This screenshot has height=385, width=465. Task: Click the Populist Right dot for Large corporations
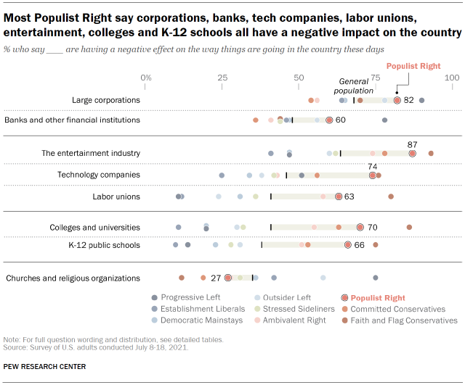(397, 100)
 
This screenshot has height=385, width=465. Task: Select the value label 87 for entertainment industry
(413, 145)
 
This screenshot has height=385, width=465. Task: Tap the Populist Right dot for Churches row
(228, 278)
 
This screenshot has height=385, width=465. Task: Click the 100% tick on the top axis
(452, 78)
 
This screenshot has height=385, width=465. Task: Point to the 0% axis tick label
(146, 78)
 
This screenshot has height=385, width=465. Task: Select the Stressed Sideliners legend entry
(288, 309)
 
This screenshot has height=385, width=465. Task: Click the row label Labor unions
(116, 196)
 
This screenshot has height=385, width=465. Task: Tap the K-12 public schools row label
(104, 245)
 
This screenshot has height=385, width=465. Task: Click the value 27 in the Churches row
(215, 278)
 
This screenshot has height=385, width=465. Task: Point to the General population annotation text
(353, 86)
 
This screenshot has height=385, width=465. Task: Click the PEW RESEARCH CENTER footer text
(44, 366)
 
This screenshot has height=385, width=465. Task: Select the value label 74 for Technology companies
(373, 166)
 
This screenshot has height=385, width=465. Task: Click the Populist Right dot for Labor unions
(339, 196)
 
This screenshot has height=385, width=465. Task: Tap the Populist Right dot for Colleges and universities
(360, 227)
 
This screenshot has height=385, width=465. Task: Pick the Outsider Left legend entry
(287, 297)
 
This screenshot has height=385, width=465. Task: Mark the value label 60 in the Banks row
(340, 120)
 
